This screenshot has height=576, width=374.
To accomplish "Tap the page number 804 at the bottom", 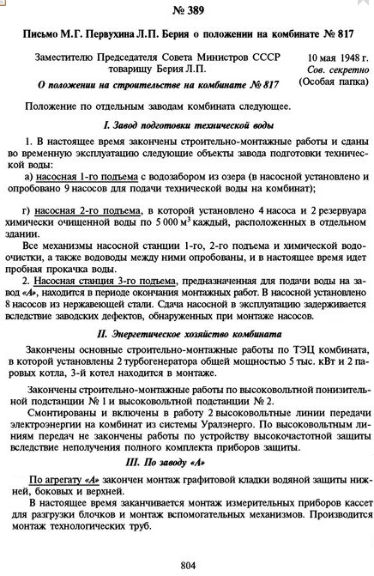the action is (189, 564).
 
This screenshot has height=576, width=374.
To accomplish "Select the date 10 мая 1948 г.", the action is (333, 58).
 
